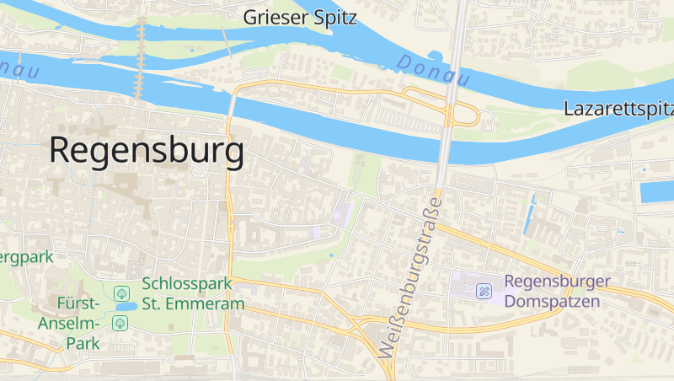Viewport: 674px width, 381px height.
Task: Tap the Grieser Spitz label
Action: point(300,17)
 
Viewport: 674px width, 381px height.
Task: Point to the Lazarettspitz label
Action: point(619,109)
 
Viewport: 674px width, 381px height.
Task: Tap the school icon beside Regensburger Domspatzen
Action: point(484,292)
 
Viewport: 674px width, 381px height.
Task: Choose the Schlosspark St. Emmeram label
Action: point(193,293)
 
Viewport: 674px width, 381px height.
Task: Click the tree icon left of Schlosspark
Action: point(123,293)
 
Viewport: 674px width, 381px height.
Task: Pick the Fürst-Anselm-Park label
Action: point(69,323)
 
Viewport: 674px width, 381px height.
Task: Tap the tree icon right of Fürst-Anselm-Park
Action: point(120,323)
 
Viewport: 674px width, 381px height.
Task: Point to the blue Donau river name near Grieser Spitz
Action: point(431,71)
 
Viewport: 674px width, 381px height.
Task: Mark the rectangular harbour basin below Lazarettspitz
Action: point(656,191)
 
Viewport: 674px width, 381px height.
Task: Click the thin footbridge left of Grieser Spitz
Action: point(226,40)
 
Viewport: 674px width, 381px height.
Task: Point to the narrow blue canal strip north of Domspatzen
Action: point(530,214)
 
